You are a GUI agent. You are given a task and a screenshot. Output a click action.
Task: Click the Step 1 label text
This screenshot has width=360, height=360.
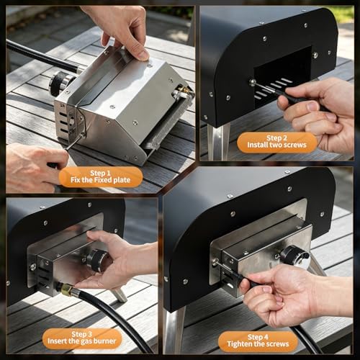[100, 176]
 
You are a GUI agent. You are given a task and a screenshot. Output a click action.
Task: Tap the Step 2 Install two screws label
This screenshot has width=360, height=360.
[276, 142]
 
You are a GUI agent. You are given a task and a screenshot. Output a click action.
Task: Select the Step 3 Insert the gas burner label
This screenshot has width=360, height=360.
[81, 338]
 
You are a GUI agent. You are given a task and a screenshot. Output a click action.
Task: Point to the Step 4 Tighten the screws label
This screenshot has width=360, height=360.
[258, 341]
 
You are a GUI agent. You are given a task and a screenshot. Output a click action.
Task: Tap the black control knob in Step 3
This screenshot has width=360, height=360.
[96, 260]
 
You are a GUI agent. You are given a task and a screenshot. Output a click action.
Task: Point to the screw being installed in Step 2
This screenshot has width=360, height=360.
[253, 82]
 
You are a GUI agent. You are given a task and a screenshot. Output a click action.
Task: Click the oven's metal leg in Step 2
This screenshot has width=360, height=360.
[218, 142]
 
